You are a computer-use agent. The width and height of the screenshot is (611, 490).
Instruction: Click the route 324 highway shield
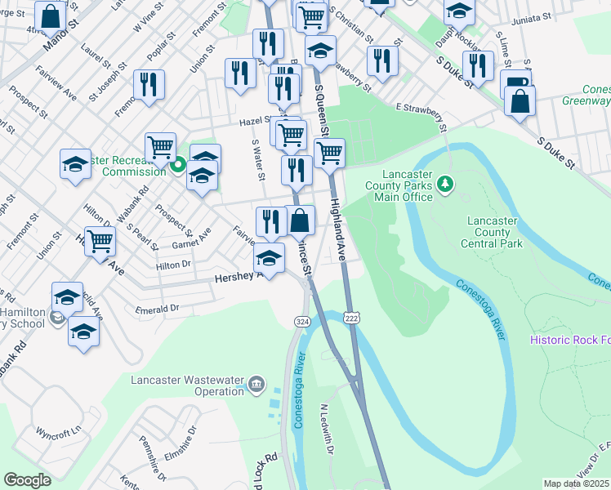coord(301,323)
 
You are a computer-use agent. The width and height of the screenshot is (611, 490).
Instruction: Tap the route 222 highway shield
coord(352,317)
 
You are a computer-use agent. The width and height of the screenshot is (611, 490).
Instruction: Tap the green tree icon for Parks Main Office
coord(445,185)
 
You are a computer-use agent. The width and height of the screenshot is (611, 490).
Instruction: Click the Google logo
coord(27,480)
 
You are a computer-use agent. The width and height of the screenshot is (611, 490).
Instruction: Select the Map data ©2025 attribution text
coord(577,483)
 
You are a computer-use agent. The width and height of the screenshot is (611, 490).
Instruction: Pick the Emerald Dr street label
coord(158,309)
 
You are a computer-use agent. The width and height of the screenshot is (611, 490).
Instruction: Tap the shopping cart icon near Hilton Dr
coord(100,241)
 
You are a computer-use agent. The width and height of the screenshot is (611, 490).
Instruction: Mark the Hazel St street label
coord(255,121)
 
